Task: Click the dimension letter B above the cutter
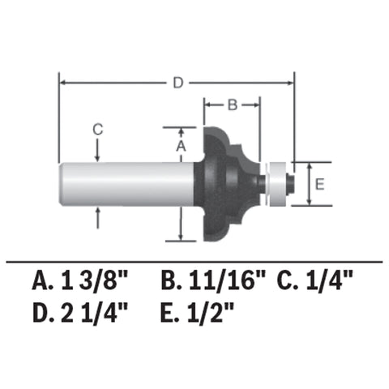[230, 105]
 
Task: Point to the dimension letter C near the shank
[98, 128]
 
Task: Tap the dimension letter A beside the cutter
[182, 146]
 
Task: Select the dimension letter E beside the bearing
[319, 184]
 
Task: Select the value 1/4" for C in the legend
[329, 282]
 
